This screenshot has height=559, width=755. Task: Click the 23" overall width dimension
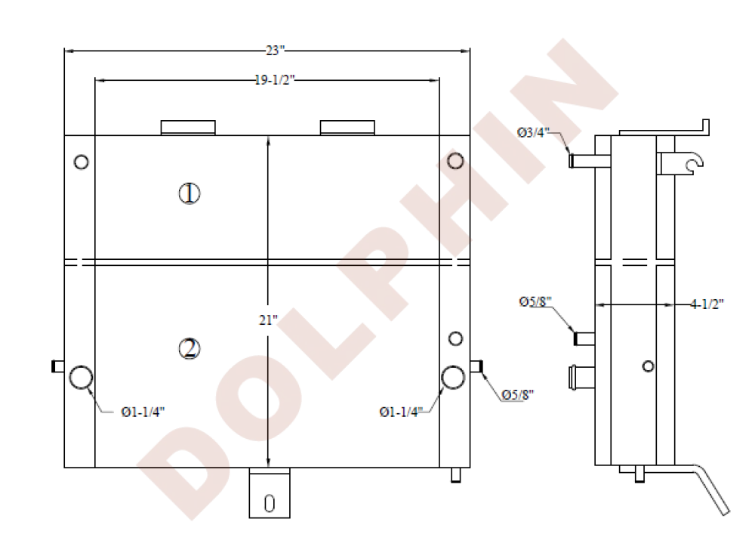tap(275, 50)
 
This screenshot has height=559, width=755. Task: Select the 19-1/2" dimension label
tap(274, 80)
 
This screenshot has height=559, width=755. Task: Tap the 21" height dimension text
tap(268, 320)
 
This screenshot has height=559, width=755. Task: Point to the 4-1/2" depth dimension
tap(707, 304)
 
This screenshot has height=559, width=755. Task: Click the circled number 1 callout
tap(190, 193)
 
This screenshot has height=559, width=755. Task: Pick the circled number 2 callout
tap(190, 349)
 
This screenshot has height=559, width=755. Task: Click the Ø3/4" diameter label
tap(534, 132)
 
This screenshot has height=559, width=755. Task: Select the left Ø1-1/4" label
tap(143, 412)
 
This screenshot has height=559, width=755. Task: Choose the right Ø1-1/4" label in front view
tap(401, 412)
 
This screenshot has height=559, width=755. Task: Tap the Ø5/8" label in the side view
tap(535, 301)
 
